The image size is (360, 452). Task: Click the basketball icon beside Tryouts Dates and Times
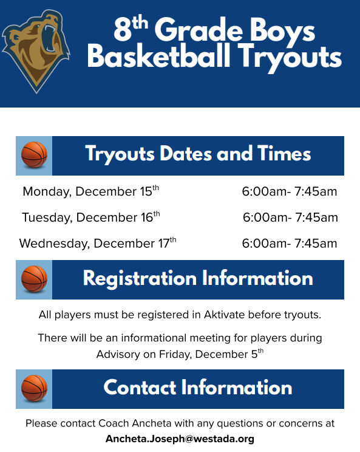click(34, 155)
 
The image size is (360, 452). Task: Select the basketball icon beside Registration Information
click(34, 279)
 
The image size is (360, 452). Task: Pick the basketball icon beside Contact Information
click(34, 388)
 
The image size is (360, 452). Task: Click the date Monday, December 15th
click(90, 191)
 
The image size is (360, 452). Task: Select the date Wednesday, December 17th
click(97, 243)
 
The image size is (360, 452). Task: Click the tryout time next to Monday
click(289, 191)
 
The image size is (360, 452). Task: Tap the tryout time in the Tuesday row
click(290, 217)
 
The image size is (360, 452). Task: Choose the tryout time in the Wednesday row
click(289, 243)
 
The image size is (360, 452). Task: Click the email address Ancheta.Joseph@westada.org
click(180, 438)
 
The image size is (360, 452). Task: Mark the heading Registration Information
click(198, 279)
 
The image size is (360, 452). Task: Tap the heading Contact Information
click(198, 388)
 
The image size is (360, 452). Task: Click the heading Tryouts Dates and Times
click(198, 154)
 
